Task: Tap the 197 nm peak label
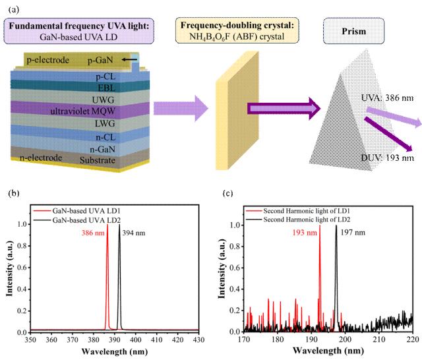[x=351, y=232]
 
